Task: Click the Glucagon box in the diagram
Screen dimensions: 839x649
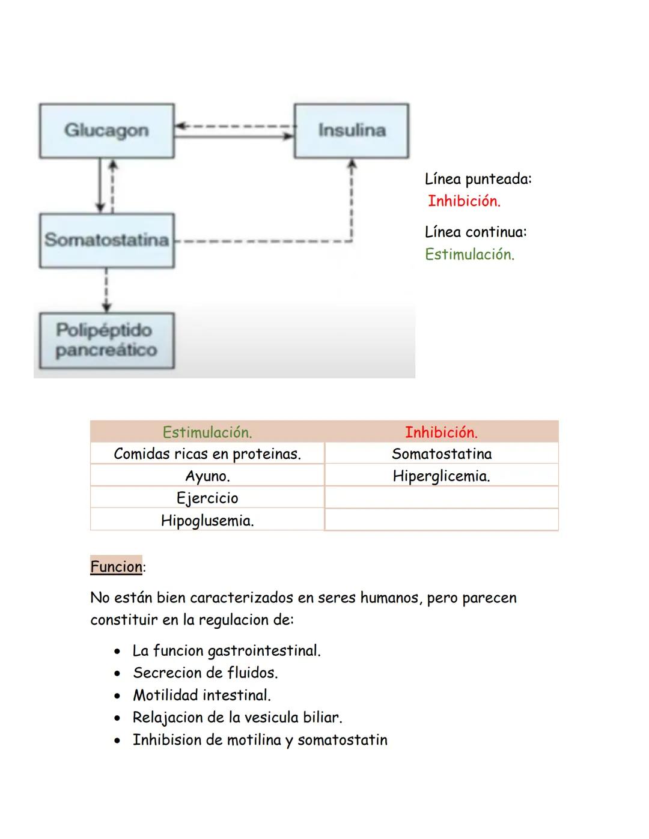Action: coord(106,130)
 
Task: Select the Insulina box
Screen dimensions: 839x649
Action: coord(352,130)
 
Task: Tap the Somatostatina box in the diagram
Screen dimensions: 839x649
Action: coord(106,240)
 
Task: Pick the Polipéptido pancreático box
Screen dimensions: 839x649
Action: coord(106,340)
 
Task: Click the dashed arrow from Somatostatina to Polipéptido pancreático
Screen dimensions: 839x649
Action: coord(106,290)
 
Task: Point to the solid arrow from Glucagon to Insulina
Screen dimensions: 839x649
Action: coord(234,136)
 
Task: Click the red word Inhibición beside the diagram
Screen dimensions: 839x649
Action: coord(463,201)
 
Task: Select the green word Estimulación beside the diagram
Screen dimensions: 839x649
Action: coord(469,255)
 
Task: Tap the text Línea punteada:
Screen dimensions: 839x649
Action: coord(478,179)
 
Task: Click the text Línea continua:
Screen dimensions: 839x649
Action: coord(475,232)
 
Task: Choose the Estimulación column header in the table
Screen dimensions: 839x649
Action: coord(207,432)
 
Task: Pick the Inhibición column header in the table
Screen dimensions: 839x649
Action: coord(441,432)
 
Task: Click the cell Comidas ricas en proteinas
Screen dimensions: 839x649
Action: coord(207,454)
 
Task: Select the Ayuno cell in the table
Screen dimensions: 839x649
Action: coord(207,476)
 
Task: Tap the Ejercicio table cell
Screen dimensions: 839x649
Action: coord(207,498)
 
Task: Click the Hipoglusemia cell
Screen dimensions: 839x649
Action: coord(207,521)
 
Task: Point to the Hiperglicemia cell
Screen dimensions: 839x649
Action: coord(441,476)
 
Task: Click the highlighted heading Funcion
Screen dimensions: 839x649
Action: coord(116,566)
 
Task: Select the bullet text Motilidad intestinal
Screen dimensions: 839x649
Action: coord(202,695)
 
